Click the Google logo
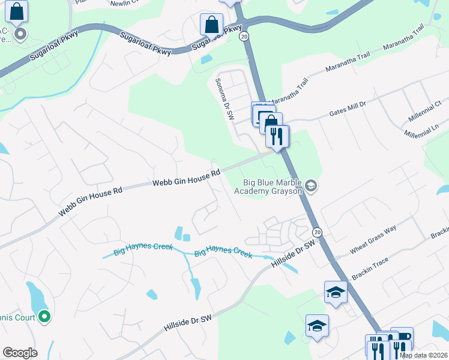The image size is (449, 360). (20, 353)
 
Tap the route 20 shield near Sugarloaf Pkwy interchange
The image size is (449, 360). (244, 37)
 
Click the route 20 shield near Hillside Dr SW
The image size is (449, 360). (318, 232)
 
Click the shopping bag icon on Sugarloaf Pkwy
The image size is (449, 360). (211, 25)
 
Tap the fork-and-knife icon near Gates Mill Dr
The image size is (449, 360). (278, 136)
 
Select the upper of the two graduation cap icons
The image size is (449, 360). (336, 293)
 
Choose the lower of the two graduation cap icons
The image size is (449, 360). (317, 326)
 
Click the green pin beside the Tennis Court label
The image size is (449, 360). (44, 316)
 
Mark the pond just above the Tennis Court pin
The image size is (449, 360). (34, 295)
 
